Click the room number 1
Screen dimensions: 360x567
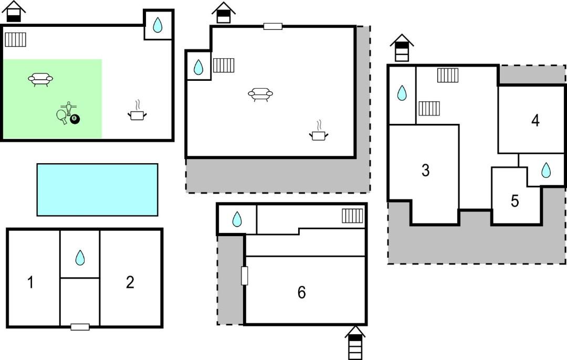[31, 283]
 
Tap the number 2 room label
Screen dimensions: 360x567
[130, 282]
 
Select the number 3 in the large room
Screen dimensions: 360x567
[426, 170]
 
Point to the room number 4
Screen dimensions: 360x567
[535, 121]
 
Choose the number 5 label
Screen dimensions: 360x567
[515, 201]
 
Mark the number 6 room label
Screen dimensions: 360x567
[301, 292]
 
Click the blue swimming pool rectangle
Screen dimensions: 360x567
[97, 189]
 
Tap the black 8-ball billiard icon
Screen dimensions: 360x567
[75, 119]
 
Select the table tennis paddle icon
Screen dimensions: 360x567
[62, 115]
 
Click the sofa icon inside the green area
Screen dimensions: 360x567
[40, 79]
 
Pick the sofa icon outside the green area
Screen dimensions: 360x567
[260, 94]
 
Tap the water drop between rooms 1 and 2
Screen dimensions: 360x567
[80, 258]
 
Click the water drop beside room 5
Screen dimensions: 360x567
[546, 170]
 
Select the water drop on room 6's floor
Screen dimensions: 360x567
[237, 219]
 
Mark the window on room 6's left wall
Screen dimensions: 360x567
[244, 276]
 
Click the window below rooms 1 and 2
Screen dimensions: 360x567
[80, 327]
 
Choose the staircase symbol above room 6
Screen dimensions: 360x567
[352, 216]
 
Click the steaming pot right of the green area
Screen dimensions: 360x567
[137, 112]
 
